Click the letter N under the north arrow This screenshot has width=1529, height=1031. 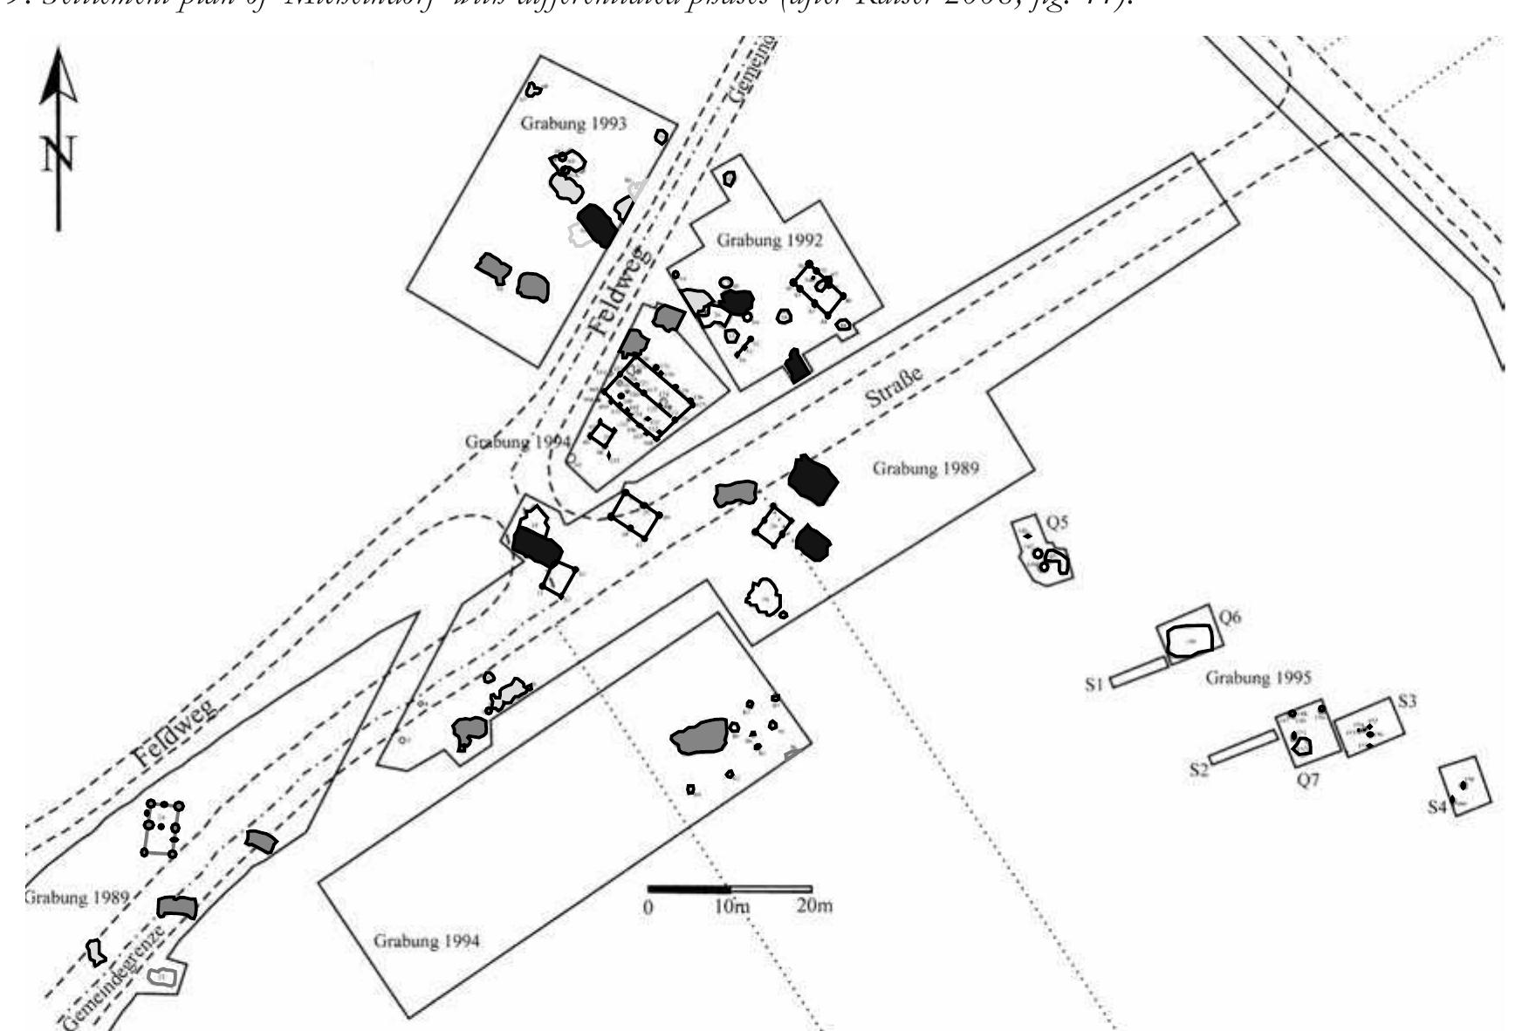pyautogui.click(x=57, y=154)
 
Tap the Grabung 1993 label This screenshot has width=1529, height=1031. pyautogui.click(x=573, y=123)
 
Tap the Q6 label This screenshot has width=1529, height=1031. pyautogui.click(x=1230, y=618)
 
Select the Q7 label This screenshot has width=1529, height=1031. pyautogui.click(x=1306, y=781)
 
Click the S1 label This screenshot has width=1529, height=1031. pyautogui.click(x=1095, y=685)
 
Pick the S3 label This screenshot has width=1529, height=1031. pyautogui.click(x=1406, y=700)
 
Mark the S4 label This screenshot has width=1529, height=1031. pyautogui.click(x=1437, y=808)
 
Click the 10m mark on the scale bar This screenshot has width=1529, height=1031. pyautogui.click(x=730, y=906)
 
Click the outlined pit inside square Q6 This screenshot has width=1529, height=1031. pyautogui.click(x=1189, y=641)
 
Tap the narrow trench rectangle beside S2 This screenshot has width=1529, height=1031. pyautogui.click(x=1243, y=748)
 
